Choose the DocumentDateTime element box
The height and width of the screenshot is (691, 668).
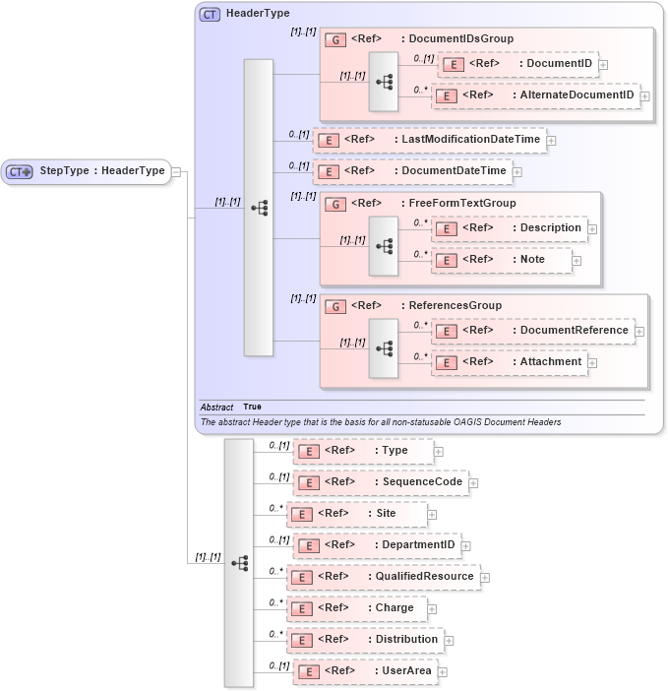411,171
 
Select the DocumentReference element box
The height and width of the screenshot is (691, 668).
532,331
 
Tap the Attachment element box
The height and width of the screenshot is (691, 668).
509,362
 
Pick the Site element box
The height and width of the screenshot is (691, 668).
356,514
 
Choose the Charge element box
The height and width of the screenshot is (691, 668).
356,608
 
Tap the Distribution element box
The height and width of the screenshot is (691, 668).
364,640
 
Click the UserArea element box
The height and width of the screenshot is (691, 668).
364,671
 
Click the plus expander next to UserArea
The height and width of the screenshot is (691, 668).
442,672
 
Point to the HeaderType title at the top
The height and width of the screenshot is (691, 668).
258,14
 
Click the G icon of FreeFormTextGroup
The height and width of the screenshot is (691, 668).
335,204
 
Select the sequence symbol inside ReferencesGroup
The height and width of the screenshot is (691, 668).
384,347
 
